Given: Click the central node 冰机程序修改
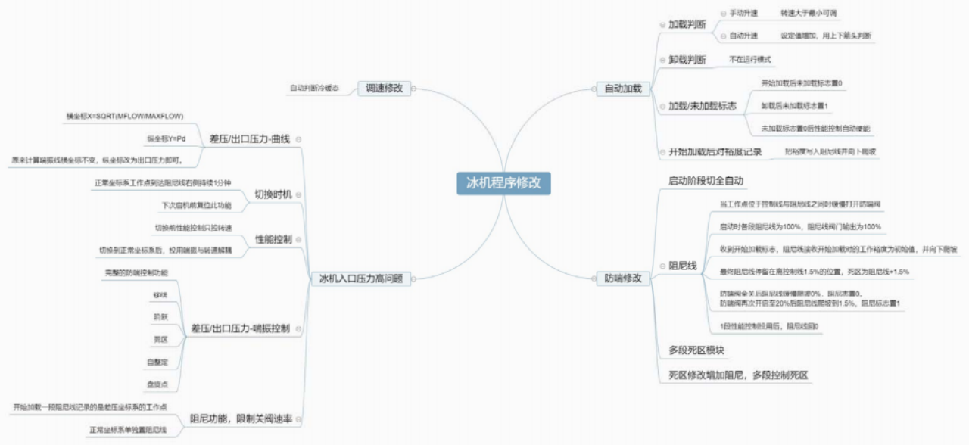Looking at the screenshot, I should click(x=498, y=184).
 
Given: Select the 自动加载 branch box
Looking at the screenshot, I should click(x=622, y=89).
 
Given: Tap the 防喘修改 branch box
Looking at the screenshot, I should click(x=623, y=279).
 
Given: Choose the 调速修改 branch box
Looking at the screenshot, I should click(x=384, y=88).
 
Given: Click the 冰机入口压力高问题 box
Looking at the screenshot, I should click(x=360, y=279).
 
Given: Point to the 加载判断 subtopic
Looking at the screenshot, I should click(x=687, y=24).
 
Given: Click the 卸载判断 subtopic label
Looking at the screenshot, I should click(x=687, y=59).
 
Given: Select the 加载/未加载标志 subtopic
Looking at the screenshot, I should click(x=703, y=106).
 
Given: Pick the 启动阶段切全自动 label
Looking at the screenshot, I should click(x=706, y=181).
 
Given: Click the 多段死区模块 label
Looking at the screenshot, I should click(x=696, y=350).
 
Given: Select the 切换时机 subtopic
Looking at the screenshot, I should click(x=273, y=194).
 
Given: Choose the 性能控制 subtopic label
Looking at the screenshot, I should click(x=273, y=239).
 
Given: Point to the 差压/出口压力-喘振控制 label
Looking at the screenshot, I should click(x=241, y=329).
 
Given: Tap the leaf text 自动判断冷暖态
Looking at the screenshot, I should click(x=313, y=88).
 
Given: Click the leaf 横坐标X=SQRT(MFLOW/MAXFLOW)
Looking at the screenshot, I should click(x=125, y=116).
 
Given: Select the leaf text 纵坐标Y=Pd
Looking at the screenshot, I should click(x=167, y=138).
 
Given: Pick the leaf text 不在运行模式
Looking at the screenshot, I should click(x=749, y=58).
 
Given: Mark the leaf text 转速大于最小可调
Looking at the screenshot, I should click(x=809, y=14).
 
